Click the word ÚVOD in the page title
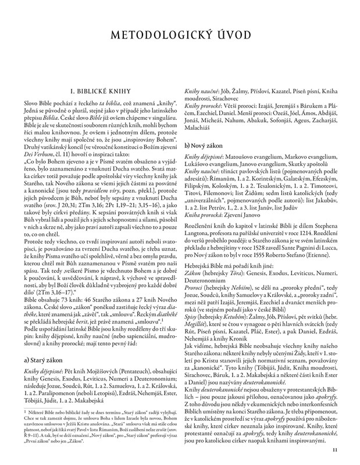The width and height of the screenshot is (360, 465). pos(229,38)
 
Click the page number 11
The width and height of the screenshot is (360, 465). pos(334,449)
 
